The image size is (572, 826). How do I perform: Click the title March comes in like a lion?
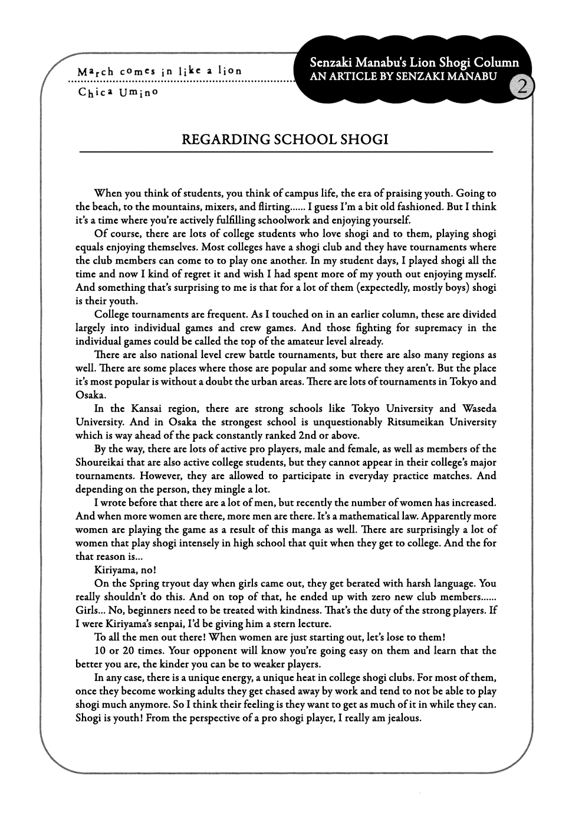(x=159, y=71)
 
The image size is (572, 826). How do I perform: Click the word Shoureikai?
(x=102, y=462)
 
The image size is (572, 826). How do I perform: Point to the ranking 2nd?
(x=305, y=435)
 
